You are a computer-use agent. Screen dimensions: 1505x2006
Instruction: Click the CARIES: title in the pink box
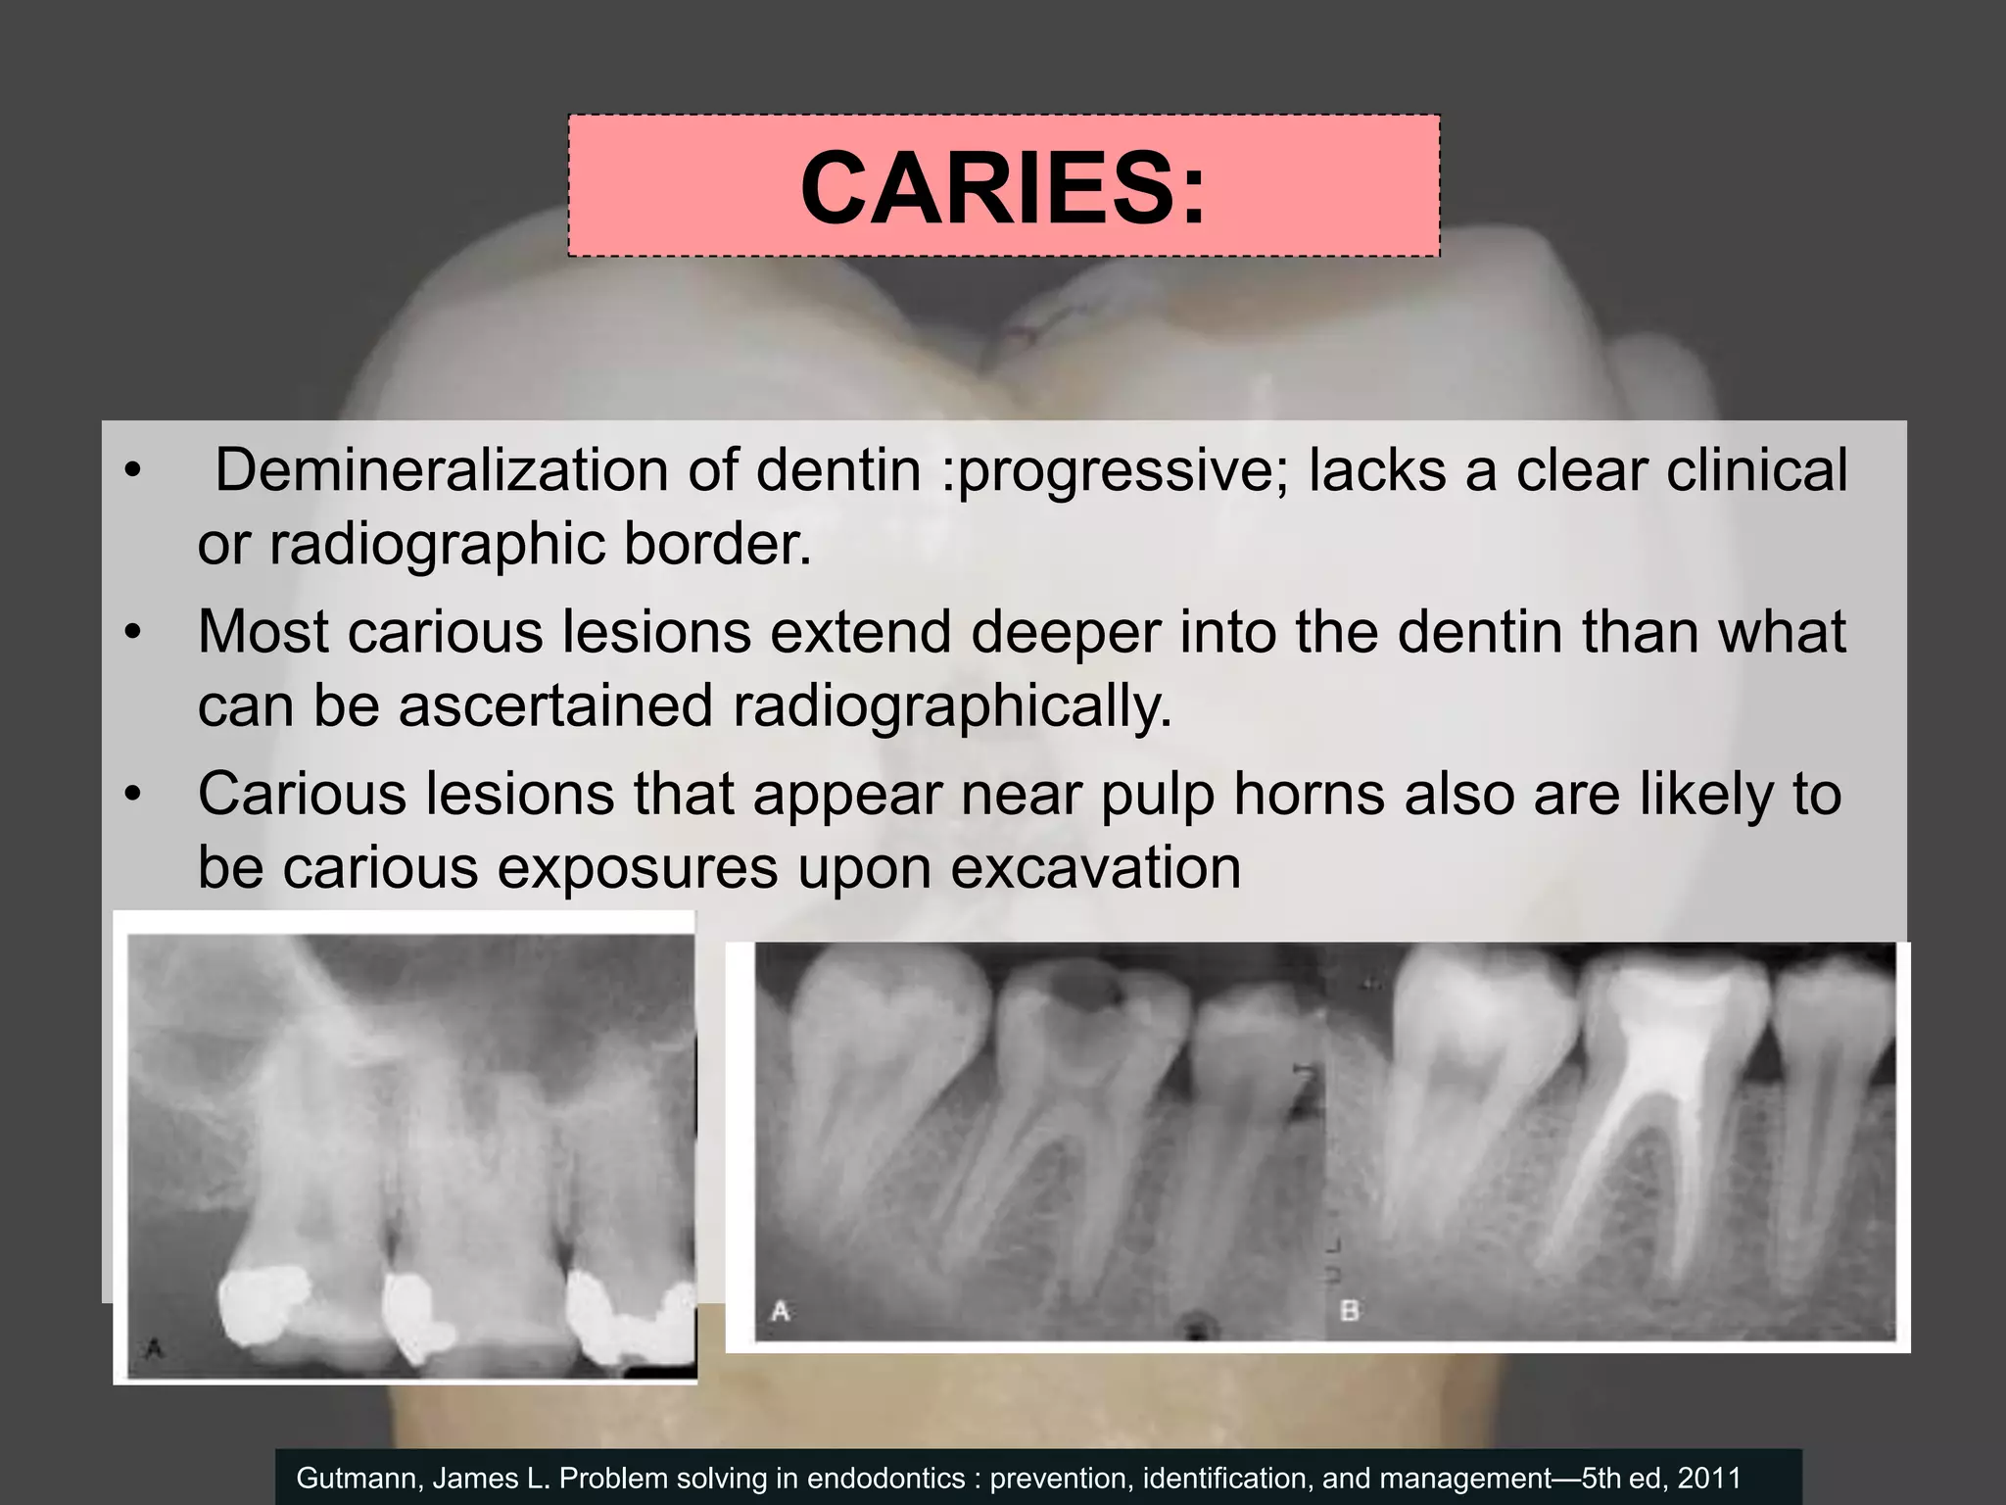[x=1003, y=187]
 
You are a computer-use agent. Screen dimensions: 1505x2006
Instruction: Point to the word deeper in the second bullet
[x=1066, y=632]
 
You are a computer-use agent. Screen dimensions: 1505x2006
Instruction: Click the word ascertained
[x=555, y=705]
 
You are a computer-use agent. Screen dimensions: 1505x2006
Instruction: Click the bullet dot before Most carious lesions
[x=133, y=633]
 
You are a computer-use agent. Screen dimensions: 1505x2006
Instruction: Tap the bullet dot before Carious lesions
[x=133, y=795]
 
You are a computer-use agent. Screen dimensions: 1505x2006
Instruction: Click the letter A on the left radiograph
[x=154, y=1350]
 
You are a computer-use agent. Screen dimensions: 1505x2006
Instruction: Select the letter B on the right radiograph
[x=1349, y=1309]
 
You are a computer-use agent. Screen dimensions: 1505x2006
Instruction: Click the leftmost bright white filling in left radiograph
[x=261, y=1301]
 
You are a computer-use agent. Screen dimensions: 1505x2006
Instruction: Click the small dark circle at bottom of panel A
[x=1194, y=1328]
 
